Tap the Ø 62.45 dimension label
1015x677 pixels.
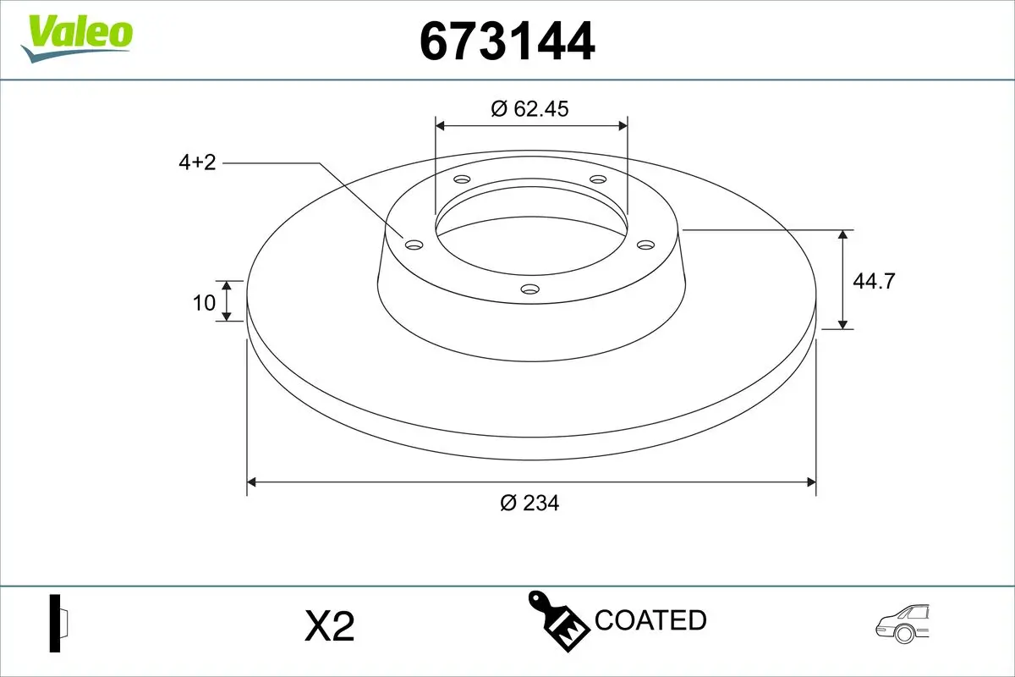[530, 108]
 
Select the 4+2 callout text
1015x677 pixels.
[197, 162]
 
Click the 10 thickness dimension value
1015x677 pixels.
[204, 302]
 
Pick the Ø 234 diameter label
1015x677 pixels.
[529, 503]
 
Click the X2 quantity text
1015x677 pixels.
[328, 626]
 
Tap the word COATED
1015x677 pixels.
[650, 620]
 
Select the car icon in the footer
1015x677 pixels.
[903, 624]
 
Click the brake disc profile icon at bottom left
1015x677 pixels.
[59, 624]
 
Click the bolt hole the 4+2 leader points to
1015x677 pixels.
[414, 245]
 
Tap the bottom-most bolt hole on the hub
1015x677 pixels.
[530, 289]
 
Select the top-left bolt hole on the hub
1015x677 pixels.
[462, 179]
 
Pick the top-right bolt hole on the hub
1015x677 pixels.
[598, 179]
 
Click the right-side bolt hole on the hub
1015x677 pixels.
[646, 245]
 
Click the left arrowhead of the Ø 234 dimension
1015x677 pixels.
[251, 482]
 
